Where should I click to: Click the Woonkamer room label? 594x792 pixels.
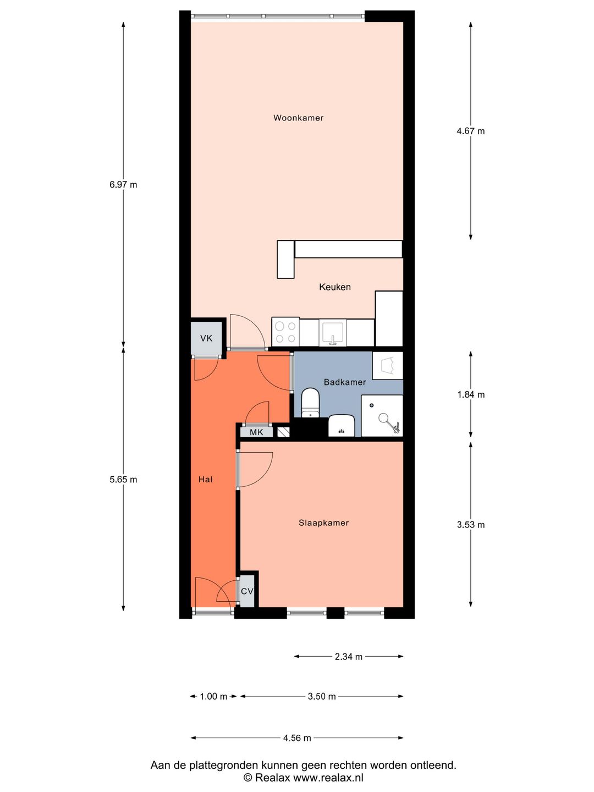click(298, 118)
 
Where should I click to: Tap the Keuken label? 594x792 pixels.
click(335, 287)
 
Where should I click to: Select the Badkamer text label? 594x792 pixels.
click(345, 382)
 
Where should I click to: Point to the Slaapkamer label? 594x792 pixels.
click(323, 523)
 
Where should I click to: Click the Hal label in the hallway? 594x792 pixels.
click(205, 480)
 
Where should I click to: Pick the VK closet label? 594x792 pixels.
click(206, 338)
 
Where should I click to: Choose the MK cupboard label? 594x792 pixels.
click(256, 432)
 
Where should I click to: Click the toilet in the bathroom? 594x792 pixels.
click(310, 403)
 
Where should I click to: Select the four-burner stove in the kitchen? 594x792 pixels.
click(285, 332)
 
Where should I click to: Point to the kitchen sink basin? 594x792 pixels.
click(333, 332)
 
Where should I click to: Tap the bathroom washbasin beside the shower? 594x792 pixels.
click(342, 426)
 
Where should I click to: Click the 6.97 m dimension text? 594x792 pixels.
click(123, 185)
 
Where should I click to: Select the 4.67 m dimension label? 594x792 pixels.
click(471, 131)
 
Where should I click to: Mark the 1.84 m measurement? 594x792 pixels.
click(471, 394)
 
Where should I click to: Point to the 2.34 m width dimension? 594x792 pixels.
click(348, 657)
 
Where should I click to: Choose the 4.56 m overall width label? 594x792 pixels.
click(297, 738)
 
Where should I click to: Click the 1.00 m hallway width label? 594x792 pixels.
click(213, 696)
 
